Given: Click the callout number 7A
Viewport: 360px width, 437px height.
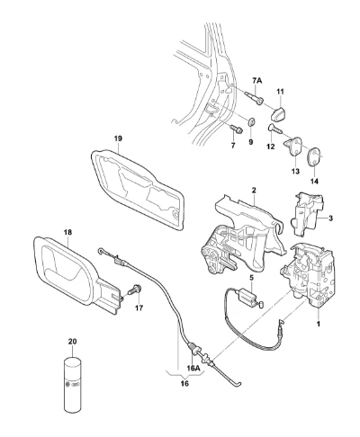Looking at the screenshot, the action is tap(256, 81).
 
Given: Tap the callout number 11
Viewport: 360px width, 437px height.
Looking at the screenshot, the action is tap(280, 92).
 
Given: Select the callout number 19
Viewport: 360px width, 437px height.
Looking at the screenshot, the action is tap(118, 138).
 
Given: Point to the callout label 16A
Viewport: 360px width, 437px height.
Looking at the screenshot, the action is tap(193, 369).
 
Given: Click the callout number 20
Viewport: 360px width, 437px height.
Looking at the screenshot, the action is tap(72, 341).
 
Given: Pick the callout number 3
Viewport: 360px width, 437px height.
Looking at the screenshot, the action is tap(330, 218).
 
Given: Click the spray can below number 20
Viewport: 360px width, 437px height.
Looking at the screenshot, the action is tap(72, 385).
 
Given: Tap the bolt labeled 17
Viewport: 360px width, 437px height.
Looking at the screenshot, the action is tap(135, 290).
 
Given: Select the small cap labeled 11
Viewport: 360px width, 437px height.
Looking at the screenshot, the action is tap(279, 113).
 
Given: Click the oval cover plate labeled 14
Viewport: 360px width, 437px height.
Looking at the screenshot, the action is tap(315, 156).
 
